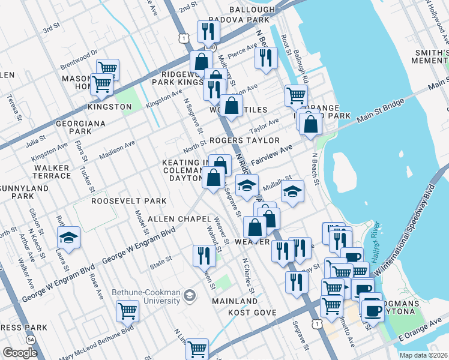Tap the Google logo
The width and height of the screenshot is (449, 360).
[20, 353]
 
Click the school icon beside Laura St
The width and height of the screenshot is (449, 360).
[69, 238]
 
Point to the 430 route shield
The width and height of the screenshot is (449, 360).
[208, 46]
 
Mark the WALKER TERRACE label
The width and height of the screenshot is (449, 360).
[52, 172]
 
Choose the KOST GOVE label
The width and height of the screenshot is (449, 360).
[252, 313]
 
